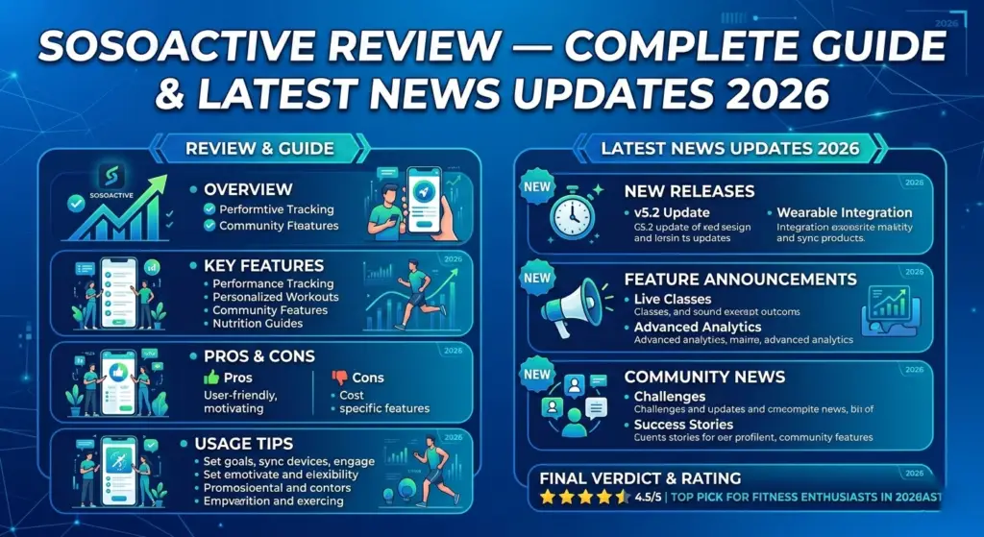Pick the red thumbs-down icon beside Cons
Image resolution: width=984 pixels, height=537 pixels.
tap(339, 378)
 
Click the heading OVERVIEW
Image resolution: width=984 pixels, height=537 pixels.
tap(248, 189)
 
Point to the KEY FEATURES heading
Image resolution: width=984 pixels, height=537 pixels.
tap(264, 265)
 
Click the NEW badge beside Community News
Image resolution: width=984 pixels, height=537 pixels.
tap(537, 374)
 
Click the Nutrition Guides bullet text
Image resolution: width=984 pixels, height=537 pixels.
tap(258, 324)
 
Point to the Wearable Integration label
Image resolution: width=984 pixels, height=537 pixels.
tap(844, 212)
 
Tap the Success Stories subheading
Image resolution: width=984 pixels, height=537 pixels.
tap(683, 424)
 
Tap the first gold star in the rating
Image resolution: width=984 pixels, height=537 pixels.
tap(548, 498)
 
